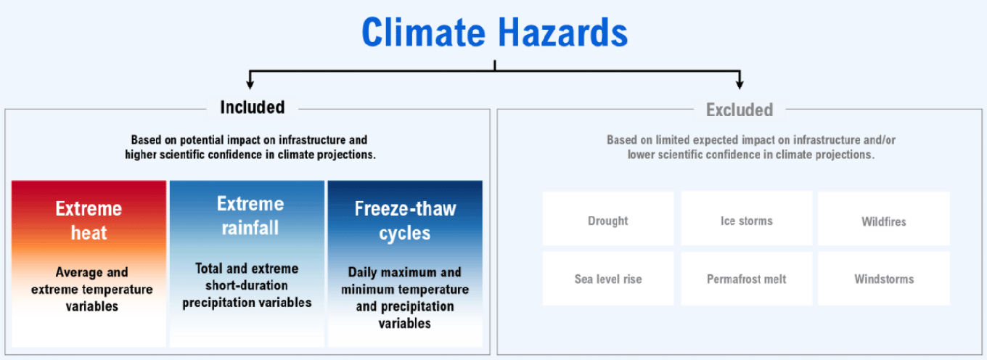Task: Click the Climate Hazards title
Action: pos(494,32)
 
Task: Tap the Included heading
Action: pos(253,107)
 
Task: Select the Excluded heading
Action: pos(740,110)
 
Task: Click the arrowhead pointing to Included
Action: pos(250,83)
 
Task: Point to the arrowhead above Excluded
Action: pos(740,83)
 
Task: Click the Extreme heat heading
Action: pos(89,221)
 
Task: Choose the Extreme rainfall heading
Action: pos(250,216)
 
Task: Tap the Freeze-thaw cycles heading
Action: pos(405,221)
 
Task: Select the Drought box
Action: pos(608,218)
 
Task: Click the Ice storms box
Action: pos(746,218)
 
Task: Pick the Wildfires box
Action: pos(884,218)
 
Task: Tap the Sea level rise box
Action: pos(608,279)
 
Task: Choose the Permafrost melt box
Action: pos(746,279)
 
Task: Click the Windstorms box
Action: pos(884,279)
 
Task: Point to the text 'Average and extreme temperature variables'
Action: pos(91,289)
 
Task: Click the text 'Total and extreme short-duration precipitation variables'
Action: pos(247,285)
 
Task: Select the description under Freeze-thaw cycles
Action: pos(405,298)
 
